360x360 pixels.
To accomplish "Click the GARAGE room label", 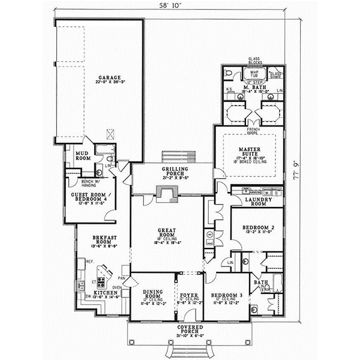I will [x=111, y=78].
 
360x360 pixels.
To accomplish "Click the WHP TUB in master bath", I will [x=254, y=73].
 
